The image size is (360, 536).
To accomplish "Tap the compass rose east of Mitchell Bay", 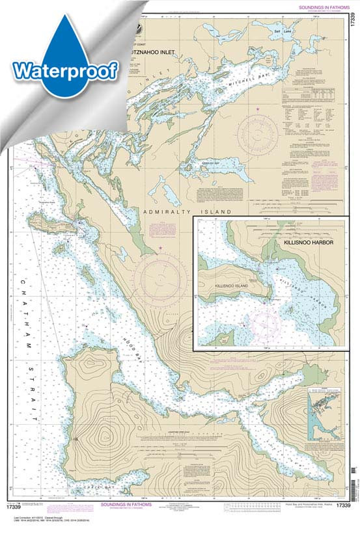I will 258,134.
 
